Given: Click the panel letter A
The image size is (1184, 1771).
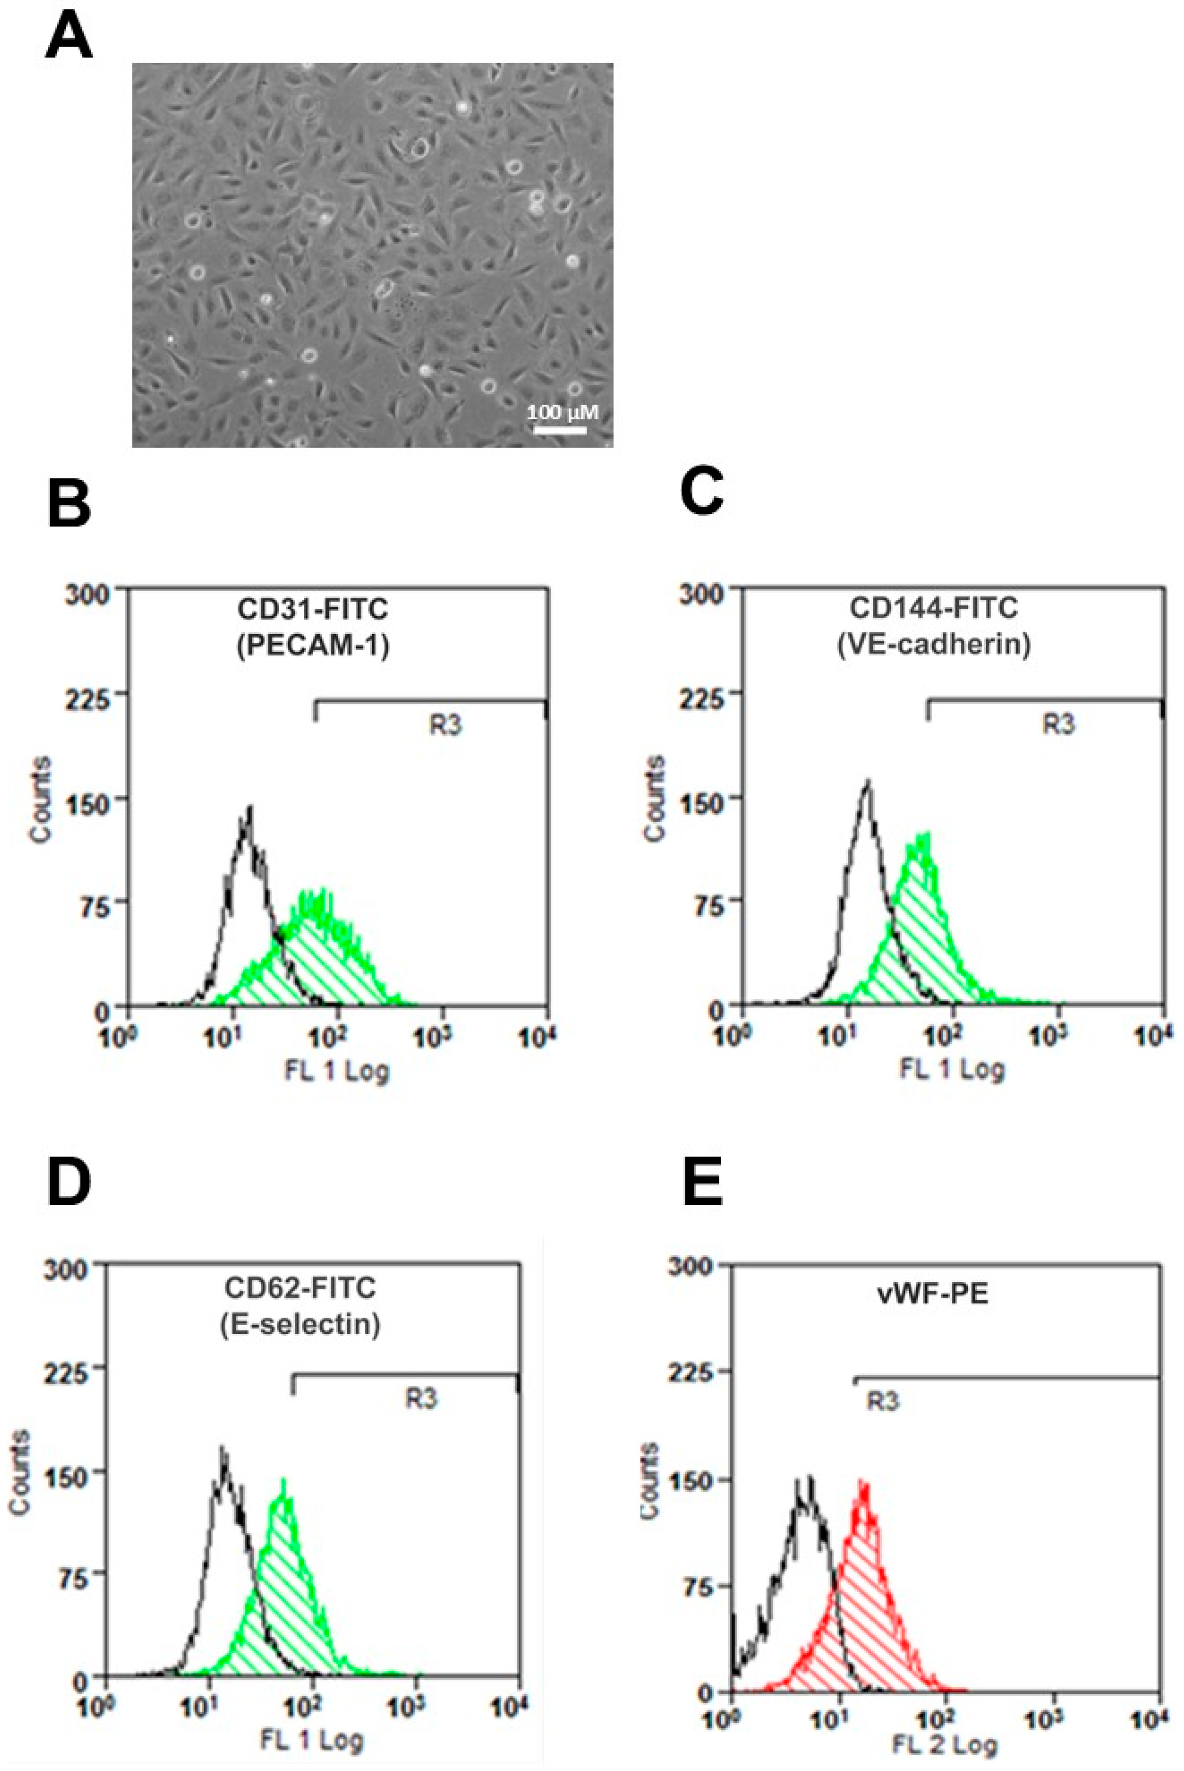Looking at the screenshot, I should point(69,37).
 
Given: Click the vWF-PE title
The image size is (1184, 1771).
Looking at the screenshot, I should point(933,1294).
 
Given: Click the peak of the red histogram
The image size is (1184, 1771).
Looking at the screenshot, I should point(863,1482).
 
